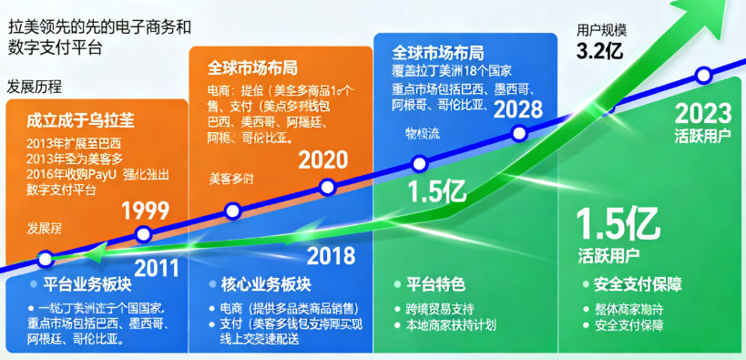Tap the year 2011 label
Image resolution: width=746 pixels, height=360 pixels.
pyautogui.click(x=158, y=268)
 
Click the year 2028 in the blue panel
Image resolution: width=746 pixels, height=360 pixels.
pyautogui.click(x=517, y=109)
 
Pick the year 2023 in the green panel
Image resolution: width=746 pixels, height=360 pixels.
pyautogui.click(x=703, y=114)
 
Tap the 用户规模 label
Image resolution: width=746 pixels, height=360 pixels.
pyautogui.click(x=601, y=30)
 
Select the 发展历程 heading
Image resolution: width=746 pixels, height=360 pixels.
pyautogui.click(x=35, y=87)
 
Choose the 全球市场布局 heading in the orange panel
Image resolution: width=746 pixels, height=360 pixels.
pyautogui.click(x=252, y=68)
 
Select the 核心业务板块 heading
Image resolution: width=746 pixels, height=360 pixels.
pyautogui.click(x=260, y=283)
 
